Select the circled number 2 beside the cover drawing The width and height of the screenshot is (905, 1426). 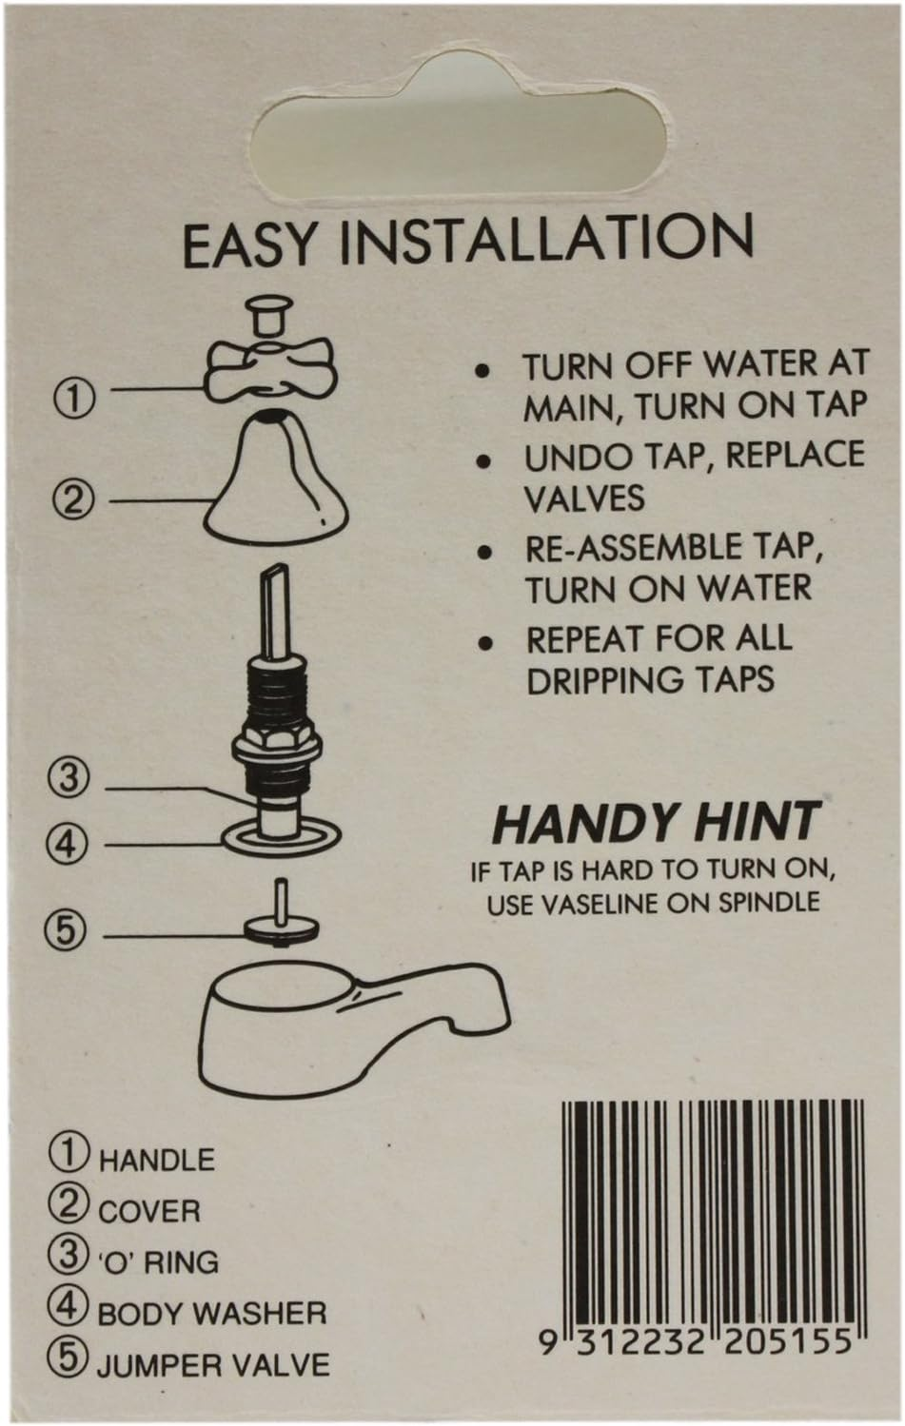[x=73, y=498]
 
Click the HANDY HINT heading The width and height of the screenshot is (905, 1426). [x=656, y=823]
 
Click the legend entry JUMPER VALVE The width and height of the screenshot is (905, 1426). [x=212, y=1364]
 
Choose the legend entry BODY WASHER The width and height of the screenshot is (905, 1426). [x=211, y=1314]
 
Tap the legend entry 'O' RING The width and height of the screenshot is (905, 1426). [x=157, y=1262]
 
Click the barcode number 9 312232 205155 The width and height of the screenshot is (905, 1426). [x=695, y=1342]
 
